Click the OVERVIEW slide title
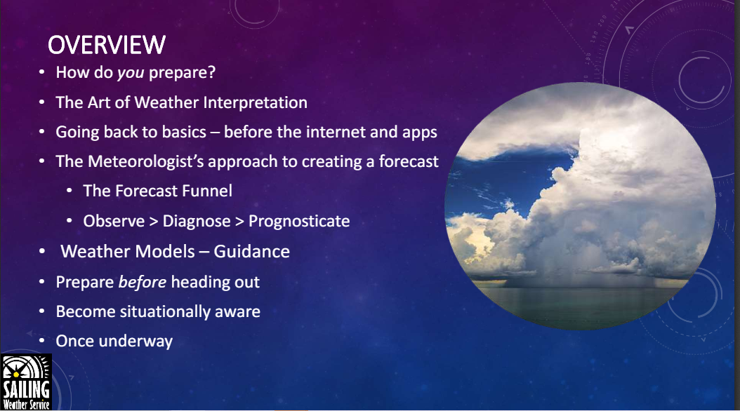click(107, 46)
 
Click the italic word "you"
click(131, 73)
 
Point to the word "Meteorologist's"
click(146, 162)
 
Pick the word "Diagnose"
click(197, 222)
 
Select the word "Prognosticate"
click(299, 222)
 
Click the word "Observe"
click(114, 221)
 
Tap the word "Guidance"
click(251, 252)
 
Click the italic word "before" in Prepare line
click(142, 282)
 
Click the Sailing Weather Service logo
click(26, 382)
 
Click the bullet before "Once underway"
click(42, 341)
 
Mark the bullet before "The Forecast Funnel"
click(70, 191)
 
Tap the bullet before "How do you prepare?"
click(42, 72)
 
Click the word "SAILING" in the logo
click(26, 390)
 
